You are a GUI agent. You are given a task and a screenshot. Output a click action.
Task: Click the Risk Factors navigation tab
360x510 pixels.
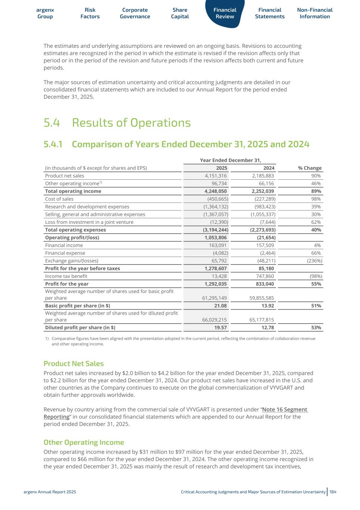90,13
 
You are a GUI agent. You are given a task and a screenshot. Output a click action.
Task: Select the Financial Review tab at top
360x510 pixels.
225,13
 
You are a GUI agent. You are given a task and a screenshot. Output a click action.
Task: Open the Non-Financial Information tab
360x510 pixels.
314,13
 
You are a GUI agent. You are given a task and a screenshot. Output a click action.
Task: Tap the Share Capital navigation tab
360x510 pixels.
180,13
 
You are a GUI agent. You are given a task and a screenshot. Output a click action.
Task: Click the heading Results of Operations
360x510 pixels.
131,123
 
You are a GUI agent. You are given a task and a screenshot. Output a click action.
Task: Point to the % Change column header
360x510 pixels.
310,168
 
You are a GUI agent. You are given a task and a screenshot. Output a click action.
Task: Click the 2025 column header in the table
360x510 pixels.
221,168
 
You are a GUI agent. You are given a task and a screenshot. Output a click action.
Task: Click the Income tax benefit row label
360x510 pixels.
66,276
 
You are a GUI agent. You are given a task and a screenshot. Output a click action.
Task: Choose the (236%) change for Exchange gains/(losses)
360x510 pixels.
314,261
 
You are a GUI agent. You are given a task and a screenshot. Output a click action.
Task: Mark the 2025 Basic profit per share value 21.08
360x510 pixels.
220,306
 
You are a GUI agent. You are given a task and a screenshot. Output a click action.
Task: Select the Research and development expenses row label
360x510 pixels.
87,207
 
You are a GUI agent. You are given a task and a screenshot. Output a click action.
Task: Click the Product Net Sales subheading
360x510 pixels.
74,364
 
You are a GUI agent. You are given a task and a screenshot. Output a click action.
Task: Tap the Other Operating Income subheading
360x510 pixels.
84,442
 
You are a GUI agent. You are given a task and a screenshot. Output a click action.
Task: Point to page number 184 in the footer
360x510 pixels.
333,492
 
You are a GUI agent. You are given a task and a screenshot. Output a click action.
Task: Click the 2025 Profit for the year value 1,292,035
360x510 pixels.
214,284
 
